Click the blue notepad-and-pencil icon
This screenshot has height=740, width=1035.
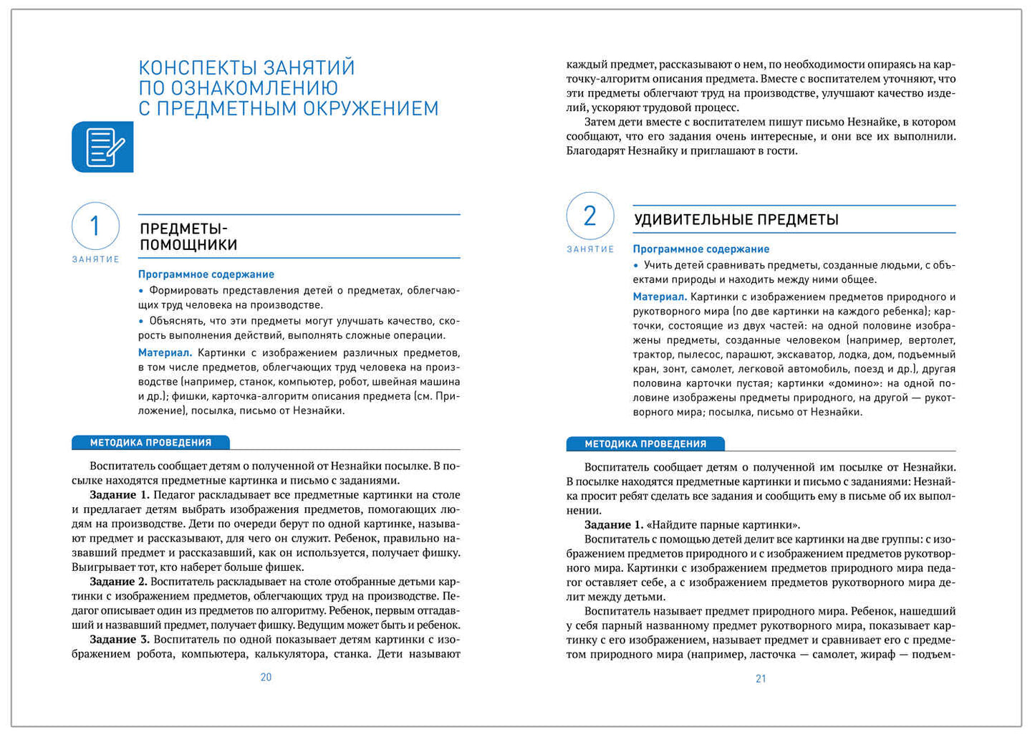coord(102,147)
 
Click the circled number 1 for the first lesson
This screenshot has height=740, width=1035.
coord(95,226)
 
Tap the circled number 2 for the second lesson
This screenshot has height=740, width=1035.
coord(589,216)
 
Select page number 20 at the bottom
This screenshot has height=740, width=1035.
coord(266,677)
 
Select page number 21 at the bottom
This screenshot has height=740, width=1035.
coord(761,678)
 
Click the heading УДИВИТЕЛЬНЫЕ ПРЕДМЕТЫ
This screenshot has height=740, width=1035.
coord(736,220)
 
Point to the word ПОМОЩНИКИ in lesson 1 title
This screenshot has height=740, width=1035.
coord(188,245)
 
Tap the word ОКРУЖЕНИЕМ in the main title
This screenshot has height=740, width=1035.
coord(370,109)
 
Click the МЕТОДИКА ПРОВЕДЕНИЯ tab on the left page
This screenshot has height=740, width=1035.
coord(150,443)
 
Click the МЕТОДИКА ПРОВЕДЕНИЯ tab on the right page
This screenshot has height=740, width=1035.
coord(645,444)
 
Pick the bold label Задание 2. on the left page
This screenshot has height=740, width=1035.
coord(118,582)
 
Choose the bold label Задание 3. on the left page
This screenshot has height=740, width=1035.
coord(119,639)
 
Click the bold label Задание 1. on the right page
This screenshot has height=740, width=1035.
coord(613,524)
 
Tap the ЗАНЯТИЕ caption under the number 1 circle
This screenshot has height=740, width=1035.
coord(95,259)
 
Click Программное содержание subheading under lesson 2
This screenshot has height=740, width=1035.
coord(701,249)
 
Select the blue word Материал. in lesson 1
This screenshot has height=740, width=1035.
coord(165,352)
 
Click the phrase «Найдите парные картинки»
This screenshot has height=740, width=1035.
coord(723,524)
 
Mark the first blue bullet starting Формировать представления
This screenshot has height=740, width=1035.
coord(141,291)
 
